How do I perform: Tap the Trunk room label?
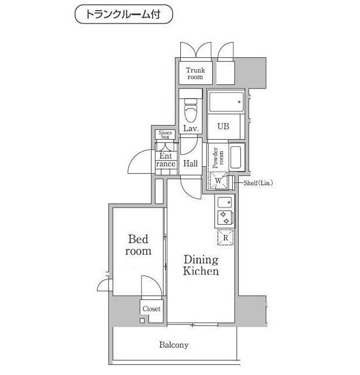[195, 74]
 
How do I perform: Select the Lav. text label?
[190, 129]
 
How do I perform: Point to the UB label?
[223, 126]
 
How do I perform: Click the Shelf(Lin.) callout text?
[258, 183]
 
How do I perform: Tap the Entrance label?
[166, 160]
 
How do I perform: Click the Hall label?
[190, 164]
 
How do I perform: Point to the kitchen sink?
[224, 202]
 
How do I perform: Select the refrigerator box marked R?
[224, 237]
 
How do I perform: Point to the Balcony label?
[173, 345]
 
